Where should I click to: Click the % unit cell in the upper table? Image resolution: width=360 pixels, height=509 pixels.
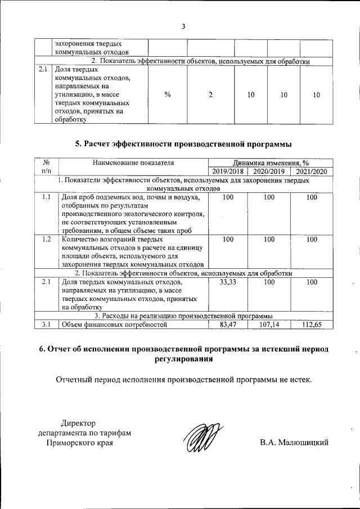(168, 95)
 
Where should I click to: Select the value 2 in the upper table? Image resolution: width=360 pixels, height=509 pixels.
(210, 95)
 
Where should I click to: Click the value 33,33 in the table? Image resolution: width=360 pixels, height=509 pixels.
(228, 282)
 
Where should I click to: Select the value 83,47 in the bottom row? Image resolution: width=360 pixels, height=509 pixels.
(228, 324)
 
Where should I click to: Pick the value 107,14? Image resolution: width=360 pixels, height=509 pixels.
(269, 324)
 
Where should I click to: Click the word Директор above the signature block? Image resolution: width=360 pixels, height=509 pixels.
(79, 423)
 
